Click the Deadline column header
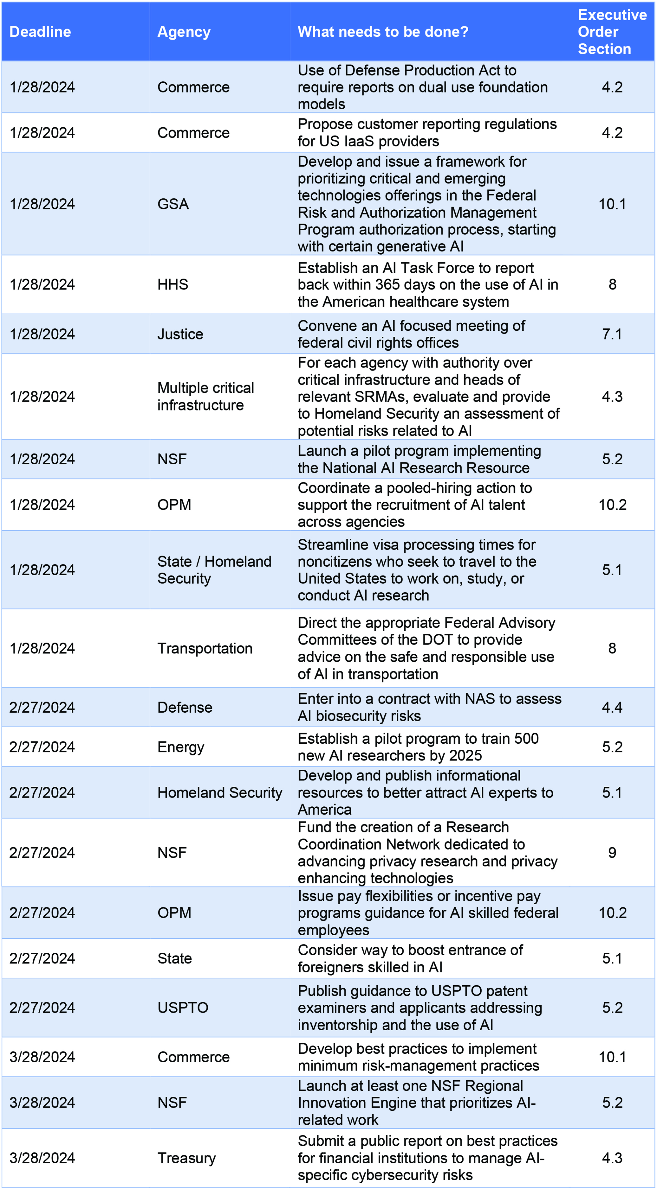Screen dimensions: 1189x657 pyautogui.click(x=40, y=32)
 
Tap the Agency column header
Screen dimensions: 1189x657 pyautogui.click(x=184, y=32)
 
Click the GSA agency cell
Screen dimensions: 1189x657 pyautogui.click(x=173, y=204)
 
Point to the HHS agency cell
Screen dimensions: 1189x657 pyautogui.click(x=173, y=284)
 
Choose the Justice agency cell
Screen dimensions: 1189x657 pyautogui.click(x=180, y=334)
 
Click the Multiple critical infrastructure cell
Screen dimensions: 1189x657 pyautogui.click(x=205, y=397)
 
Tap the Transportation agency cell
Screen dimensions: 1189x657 pyautogui.click(x=205, y=649)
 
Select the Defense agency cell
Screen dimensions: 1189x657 pyautogui.click(x=185, y=708)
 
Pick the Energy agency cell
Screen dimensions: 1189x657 pyautogui.click(x=181, y=747)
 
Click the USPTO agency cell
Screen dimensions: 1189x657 pyautogui.click(x=183, y=1008)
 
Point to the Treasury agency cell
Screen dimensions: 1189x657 pyautogui.click(x=187, y=1158)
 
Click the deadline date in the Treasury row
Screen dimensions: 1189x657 pyautogui.click(x=42, y=1158)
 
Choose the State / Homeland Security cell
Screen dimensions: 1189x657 pyautogui.click(x=214, y=570)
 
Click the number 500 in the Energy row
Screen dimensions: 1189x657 pyautogui.click(x=526, y=739)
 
